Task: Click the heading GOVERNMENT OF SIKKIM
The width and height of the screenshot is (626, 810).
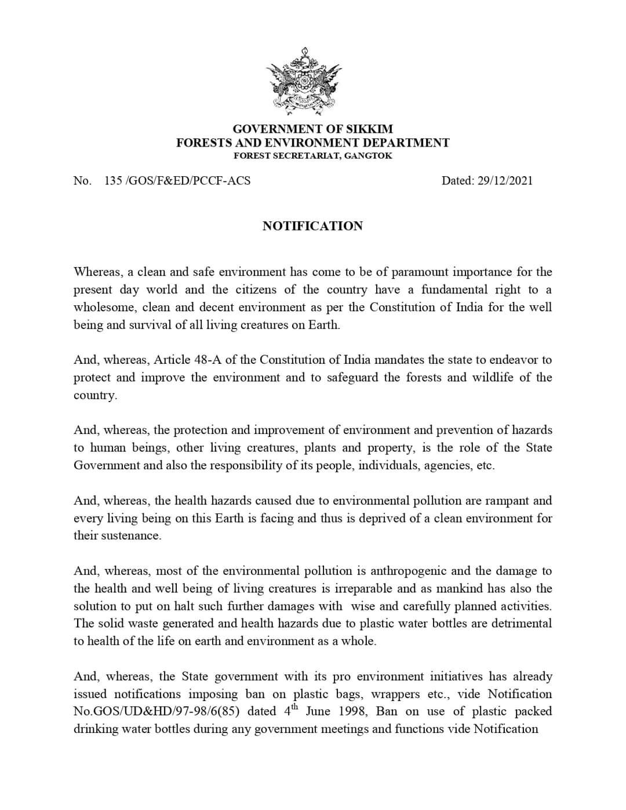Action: click(x=312, y=129)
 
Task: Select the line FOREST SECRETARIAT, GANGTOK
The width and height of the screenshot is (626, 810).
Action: click(x=312, y=156)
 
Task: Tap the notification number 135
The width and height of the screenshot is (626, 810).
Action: click(x=113, y=180)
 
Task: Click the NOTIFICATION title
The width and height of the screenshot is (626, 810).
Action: click(x=312, y=226)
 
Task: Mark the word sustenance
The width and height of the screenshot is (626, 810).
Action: click(x=131, y=535)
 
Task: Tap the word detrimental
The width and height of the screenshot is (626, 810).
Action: click(x=519, y=623)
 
